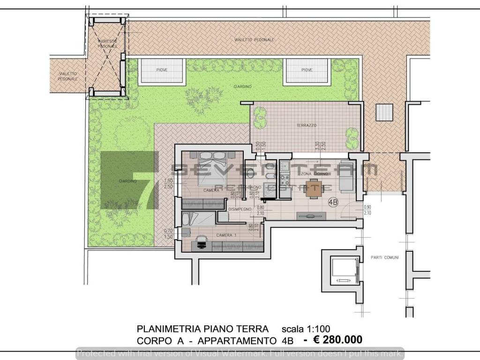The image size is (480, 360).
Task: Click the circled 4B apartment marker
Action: coord(333,202)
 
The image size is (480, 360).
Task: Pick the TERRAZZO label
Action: coord(307,126)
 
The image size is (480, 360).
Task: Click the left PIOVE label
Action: coord(162,70)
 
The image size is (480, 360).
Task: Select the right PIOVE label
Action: coord(307,70)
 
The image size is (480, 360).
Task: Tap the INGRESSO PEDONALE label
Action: coord(108,44)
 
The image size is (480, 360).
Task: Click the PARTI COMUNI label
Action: coord(382,257)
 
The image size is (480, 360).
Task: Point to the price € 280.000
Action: coord(333,339)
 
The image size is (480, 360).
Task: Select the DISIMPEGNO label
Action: coord(240,209)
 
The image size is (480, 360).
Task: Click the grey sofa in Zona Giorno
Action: coord(347,180)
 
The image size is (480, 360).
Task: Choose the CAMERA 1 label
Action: coord(227,234)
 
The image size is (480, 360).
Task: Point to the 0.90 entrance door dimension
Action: coord(367,207)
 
